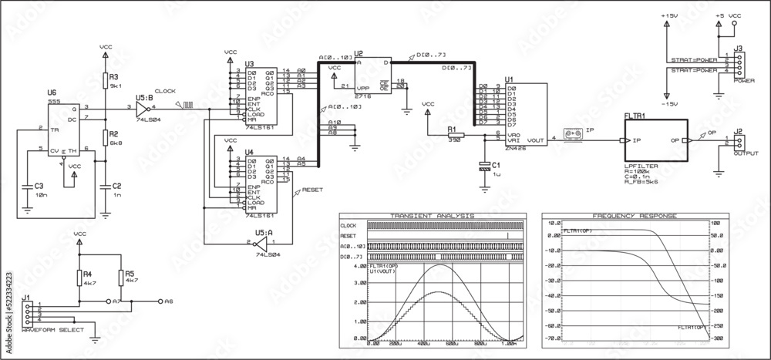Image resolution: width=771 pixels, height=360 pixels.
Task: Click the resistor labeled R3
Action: (106, 80)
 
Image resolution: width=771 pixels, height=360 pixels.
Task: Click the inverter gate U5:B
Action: (143, 107)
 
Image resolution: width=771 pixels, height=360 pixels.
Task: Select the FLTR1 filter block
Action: (655, 140)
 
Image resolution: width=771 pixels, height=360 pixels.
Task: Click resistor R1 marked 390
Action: (456, 136)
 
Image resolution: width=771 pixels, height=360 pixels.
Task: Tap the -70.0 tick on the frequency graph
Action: (552, 338)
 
